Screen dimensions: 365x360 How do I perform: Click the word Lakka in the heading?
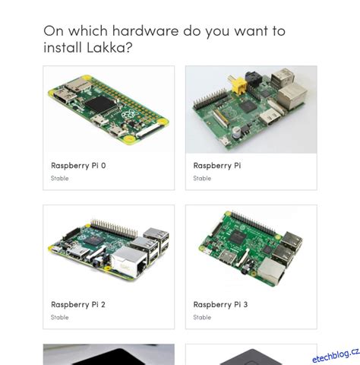tap(112, 48)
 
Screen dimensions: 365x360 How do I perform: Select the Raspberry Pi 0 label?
tap(78, 165)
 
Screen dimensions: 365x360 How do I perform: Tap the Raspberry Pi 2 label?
tap(78, 304)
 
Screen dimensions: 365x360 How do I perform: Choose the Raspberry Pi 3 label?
tap(220, 304)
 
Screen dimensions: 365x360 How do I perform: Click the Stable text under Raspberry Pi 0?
tap(60, 179)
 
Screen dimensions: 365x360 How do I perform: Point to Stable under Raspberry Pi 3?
tap(202, 318)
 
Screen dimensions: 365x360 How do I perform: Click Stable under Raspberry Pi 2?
tap(60, 318)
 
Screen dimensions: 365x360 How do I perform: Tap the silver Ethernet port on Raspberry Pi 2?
tap(127, 262)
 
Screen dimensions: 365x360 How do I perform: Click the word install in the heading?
tap(65, 48)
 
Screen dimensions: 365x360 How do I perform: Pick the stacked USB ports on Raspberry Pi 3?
tap(289, 243)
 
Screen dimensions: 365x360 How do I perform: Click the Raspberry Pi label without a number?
tap(217, 165)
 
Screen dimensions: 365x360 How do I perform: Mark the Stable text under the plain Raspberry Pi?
tap(202, 179)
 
